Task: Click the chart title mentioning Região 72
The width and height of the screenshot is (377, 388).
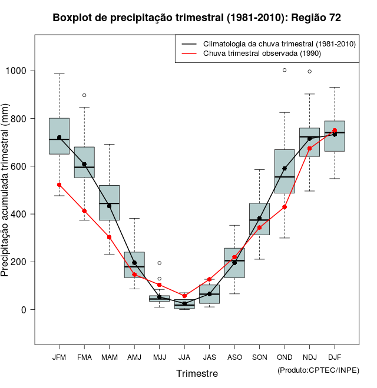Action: pyautogui.click(x=197, y=18)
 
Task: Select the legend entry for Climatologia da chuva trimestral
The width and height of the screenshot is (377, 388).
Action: pyautogui.click(x=279, y=44)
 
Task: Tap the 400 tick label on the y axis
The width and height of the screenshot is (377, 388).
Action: pyautogui.click(x=20, y=214)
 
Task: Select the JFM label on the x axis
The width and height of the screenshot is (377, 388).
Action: pyautogui.click(x=59, y=357)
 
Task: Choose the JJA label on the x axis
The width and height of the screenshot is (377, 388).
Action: pyautogui.click(x=184, y=357)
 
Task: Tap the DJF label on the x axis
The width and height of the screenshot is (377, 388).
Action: pyautogui.click(x=335, y=357)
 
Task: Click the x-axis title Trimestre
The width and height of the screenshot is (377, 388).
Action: pyautogui.click(x=197, y=373)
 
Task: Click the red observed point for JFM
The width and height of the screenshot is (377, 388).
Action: pyautogui.click(x=59, y=185)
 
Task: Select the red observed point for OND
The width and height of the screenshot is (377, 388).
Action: pyautogui.click(x=285, y=207)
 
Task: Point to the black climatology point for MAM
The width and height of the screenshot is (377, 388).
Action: pyautogui.click(x=109, y=206)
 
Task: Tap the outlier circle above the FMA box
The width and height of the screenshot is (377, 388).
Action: pyautogui.click(x=84, y=95)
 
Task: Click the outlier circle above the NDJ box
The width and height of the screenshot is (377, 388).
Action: pyautogui.click(x=309, y=72)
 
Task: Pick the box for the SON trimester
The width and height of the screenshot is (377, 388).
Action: pyautogui.click(x=259, y=219)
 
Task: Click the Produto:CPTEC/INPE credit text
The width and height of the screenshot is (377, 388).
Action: pyautogui.click(x=318, y=370)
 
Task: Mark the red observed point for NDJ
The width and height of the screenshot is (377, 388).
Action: pyautogui.click(x=309, y=149)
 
